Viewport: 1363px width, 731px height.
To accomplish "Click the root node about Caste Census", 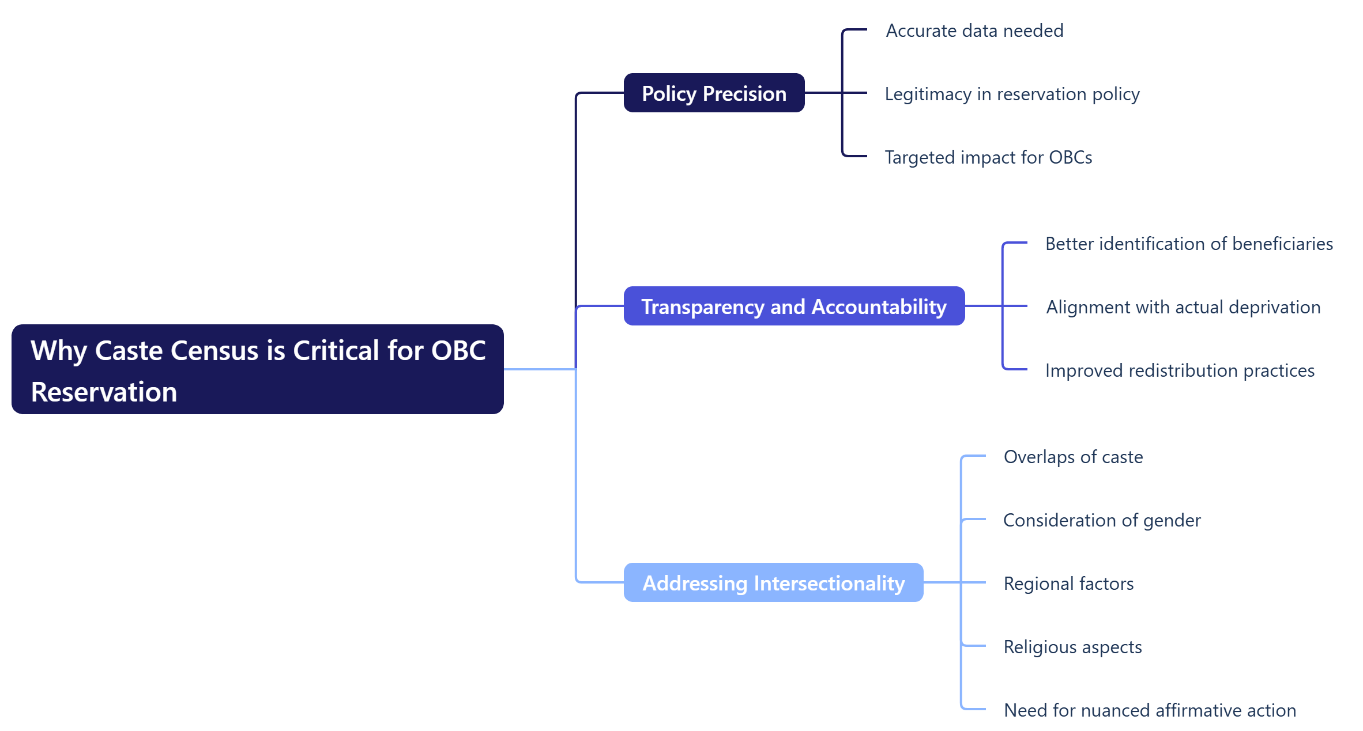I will [257, 369].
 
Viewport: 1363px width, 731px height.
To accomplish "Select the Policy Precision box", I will [714, 93].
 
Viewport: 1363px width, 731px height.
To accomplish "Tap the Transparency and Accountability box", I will [793, 306].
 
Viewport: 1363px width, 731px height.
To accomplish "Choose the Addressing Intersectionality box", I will [773, 583].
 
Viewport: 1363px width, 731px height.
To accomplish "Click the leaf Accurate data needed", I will [974, 31].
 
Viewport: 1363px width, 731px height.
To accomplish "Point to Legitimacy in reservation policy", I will [1012, 94].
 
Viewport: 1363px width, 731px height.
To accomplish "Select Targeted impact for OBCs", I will [988, 157].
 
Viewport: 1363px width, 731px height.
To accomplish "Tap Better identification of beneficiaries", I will [1188, 244].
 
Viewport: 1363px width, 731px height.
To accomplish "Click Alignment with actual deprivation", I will [1183, 307].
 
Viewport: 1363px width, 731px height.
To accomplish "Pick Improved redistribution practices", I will [1179, 370].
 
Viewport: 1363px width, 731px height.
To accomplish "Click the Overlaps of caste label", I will [1072, 457].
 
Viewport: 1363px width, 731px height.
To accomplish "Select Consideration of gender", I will [1101, 520].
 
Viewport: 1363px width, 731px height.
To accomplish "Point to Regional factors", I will [1068, 584].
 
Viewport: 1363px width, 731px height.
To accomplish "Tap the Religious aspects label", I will [1072, 647].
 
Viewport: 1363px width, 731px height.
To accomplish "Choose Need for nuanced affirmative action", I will [1149, 710].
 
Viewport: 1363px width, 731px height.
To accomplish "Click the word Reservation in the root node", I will [104, 392].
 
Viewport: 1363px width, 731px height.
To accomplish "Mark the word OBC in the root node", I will [458, 351].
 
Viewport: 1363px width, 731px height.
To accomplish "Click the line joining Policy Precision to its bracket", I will [823, 93].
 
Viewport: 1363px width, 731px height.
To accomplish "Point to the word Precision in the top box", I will [744, 93].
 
